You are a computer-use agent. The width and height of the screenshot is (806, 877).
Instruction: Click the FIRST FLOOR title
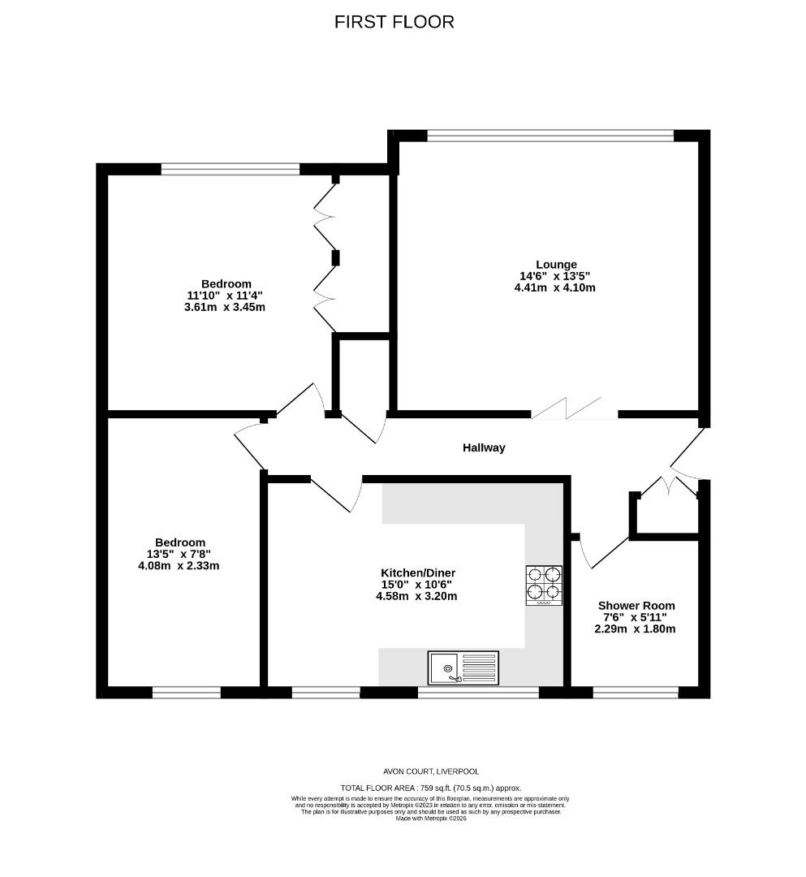tap(394, 22)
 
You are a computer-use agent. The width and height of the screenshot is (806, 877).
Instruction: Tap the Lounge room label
tap(556, 265)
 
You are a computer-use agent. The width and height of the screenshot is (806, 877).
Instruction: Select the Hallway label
tap(484, 447)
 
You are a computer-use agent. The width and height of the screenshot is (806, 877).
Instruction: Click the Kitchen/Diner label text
tap(418, 572)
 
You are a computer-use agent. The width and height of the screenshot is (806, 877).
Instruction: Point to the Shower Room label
tap(636, 606)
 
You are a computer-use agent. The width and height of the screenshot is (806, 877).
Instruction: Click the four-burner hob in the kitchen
tap(544, 585)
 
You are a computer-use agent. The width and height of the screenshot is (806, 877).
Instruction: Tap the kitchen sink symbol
tap(463, 667)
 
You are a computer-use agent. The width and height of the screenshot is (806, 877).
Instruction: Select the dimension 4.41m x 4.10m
tap(554, 288)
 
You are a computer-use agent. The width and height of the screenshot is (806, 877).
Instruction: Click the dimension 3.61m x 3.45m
tap(225, 307)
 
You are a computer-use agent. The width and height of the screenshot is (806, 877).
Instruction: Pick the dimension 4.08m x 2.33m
tap(179, 565)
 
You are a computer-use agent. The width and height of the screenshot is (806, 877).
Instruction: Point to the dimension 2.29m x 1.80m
tap(635, 629)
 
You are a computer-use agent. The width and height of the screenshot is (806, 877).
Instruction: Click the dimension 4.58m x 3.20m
tap(416, 596)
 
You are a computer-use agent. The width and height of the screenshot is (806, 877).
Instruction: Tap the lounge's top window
tap(550, 135)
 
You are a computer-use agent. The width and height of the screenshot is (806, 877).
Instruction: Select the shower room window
tap(636, 693)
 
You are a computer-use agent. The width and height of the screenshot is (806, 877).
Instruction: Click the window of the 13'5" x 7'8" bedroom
tap(187, 693)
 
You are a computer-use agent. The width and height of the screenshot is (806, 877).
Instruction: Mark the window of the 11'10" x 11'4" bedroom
tap(231, 169)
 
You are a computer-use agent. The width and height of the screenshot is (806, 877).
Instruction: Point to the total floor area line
tap(431, 788)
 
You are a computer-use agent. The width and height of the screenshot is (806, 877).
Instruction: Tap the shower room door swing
tap(605, 551)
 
